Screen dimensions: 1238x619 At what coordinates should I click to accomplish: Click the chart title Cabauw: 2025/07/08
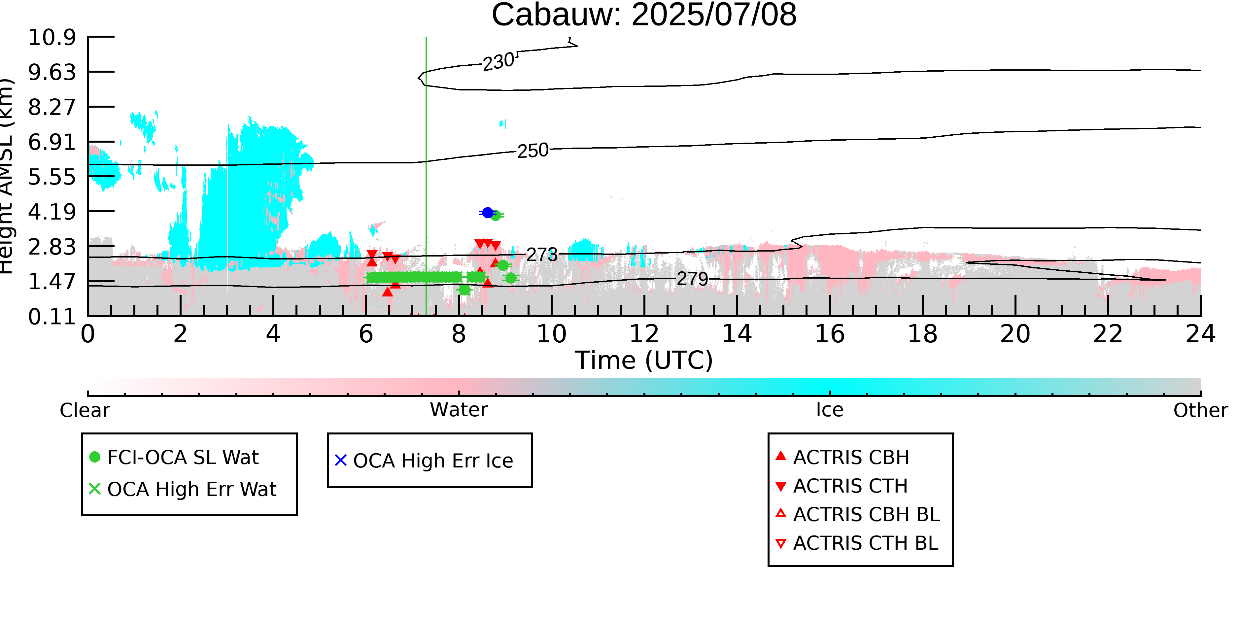click(x=644, y=15)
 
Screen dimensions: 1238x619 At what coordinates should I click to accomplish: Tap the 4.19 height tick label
click(x=52, y=212)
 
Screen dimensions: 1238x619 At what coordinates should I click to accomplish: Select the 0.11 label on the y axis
click(x=52, y=317)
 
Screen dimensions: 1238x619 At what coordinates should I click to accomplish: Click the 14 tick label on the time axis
click(x=737, y=334)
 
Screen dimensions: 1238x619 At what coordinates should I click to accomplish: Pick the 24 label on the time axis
click(x=1200, y=334)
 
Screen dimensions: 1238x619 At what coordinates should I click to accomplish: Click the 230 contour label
click(x=499, y=62)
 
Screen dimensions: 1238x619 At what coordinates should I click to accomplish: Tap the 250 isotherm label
click(x=533, y=151)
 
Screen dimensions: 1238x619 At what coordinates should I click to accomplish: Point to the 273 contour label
click(x=542, y=255)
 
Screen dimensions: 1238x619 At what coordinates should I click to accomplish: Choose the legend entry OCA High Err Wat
click(x=183, y=489)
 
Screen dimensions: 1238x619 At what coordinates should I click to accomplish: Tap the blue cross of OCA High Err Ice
click(x=341, y=461)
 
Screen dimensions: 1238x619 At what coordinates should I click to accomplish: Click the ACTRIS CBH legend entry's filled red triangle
click(x=781, y=456)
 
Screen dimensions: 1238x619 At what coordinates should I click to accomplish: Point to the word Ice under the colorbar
click(x=830, y=410)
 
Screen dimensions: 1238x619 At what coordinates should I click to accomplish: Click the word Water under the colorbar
click(x=459, y=410)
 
